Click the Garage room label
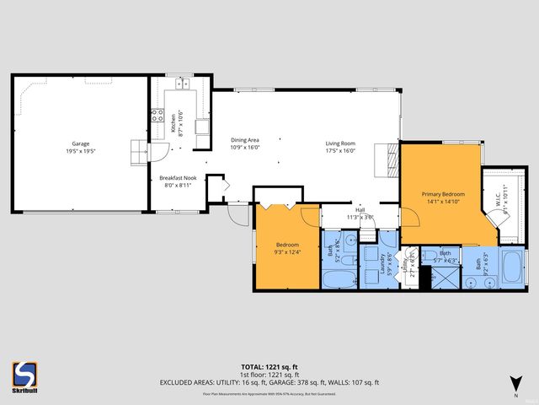tap(80, 143)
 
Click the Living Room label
tap(341, 143)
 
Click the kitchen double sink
tap(181, 84)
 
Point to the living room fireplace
tap(392, 157)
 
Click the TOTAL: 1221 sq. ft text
tap(269, 366)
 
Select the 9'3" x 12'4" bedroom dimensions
tap(286, 251)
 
